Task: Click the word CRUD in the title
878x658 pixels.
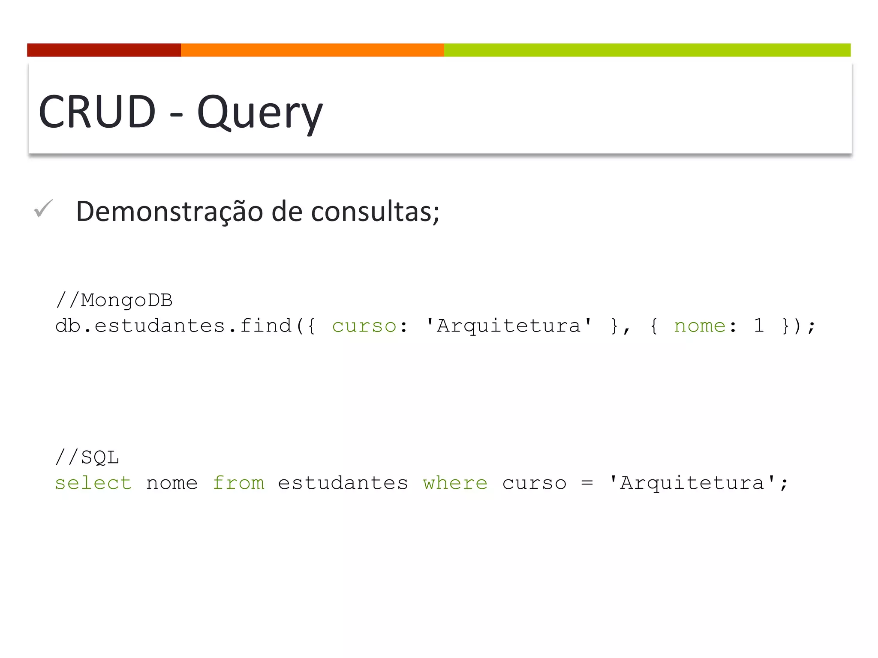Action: point(97,111)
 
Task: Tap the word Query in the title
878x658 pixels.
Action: point(259,112)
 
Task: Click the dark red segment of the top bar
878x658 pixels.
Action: point(104,50)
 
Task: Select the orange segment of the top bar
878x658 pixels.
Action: point(312,50)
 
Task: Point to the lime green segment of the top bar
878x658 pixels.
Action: point(647,50)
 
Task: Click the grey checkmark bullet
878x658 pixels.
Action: point(43,209)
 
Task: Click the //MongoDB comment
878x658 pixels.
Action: point(114,300)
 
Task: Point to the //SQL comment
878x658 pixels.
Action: point(87,458)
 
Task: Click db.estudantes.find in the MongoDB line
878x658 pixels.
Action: point(174,326)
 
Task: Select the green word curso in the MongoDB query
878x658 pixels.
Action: point(364,326)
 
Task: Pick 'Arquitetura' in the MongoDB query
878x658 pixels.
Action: point(509,326)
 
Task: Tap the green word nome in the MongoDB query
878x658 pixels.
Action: point(699,326)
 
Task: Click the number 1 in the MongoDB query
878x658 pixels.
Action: point(759,326)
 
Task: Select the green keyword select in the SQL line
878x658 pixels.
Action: point(93,483)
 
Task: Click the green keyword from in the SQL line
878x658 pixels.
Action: point(238,483)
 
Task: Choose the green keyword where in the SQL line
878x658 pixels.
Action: point(455,483)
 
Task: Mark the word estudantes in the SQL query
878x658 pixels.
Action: point(343,483)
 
